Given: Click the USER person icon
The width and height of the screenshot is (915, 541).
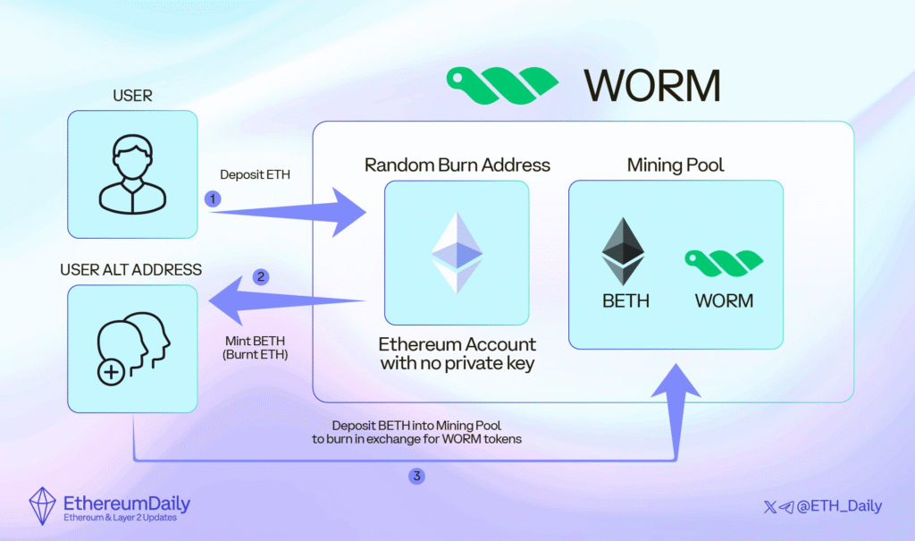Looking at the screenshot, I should click(131, 175).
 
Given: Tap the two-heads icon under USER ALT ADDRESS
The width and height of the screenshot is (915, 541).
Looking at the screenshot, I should click(131, 348).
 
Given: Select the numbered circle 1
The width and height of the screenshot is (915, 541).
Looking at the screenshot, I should click(213, 199).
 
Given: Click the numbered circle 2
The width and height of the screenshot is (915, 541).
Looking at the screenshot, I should click(261, 276).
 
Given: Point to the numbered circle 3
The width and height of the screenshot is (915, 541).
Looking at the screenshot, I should click(416, 476).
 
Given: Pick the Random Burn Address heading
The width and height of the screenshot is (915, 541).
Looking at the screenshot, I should click(457, 165).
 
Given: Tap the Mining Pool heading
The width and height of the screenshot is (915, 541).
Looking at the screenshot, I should click(675, 165).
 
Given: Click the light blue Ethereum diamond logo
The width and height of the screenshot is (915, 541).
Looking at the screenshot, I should click(457, 252).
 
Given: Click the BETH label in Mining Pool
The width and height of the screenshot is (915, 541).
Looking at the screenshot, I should click(625, 301).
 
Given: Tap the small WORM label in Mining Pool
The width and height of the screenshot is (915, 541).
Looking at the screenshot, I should click(724, 301).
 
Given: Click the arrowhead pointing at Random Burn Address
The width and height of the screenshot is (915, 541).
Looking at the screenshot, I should click(350, 212).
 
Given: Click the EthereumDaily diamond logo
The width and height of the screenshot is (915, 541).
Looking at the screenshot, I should click(43, 507).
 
